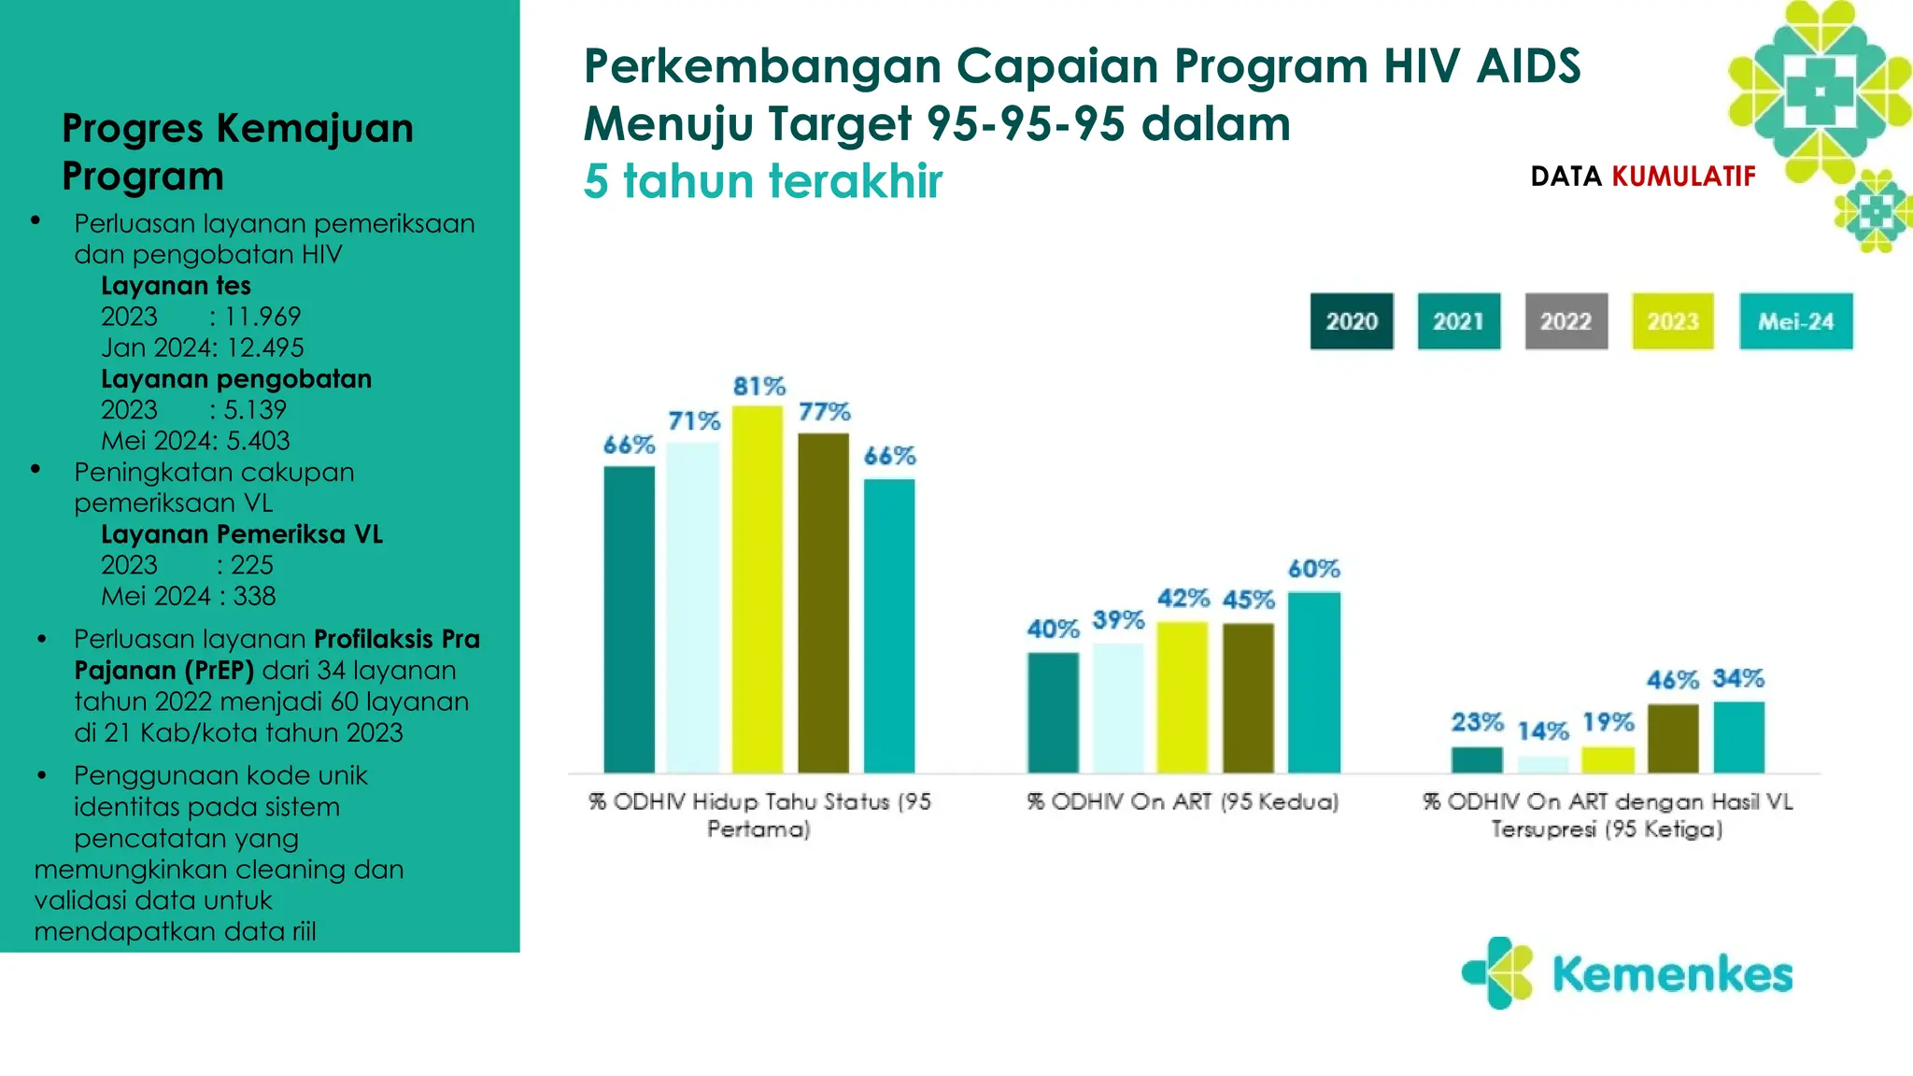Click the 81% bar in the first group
click(x=758, y=588)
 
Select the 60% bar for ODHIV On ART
click(x=1313, y=682)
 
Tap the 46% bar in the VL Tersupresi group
click(x=1672, y=738)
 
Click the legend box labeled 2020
click(x=1351, y=321)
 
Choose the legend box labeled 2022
click(x=1566, y=321)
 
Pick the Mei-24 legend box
click(x=1795, y=321)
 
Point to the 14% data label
click(x=1542, y=730)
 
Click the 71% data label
click(x=694, y=421)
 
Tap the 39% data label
click(x=1118, y=620)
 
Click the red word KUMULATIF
click(x=1683, y=177)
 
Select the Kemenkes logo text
click(x=1671, y=974)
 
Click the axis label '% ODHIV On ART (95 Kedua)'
click(x=1183, y=801)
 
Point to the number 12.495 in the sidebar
click(x=265, y=347)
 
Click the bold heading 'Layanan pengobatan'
click(x=236, y=378)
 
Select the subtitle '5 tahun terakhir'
click(x=762, y=181)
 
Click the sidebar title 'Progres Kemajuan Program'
click(x=237, y=151)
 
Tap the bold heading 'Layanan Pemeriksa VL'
click(x=242, y=534)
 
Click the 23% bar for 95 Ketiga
click(x=1477, y=759)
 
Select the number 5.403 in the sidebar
click(x=258, y=441)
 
